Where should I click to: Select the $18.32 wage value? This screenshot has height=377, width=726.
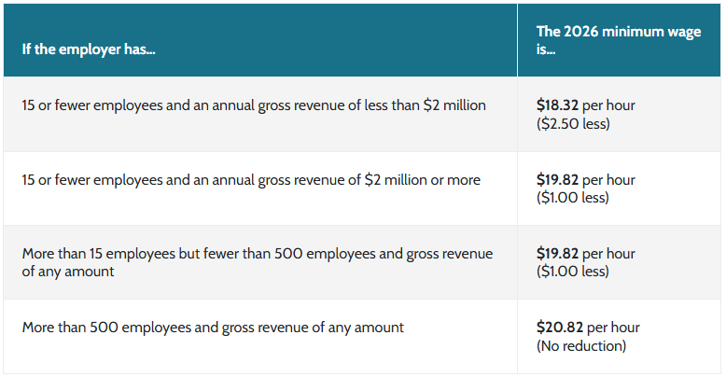coord(557,105)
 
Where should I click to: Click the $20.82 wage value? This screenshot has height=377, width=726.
coord(558,328)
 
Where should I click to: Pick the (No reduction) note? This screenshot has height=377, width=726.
coord(580,345)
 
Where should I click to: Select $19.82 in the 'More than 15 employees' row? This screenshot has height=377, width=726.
coord(557,254)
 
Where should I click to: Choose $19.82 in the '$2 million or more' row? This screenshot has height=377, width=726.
coord(557,179)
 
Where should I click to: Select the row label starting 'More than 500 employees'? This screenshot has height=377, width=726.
coord(213,328)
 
